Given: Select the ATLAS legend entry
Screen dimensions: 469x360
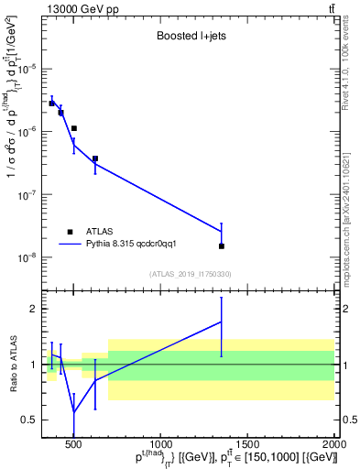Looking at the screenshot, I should [99, 232].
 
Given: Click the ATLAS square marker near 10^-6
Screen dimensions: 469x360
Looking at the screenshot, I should [74, 128].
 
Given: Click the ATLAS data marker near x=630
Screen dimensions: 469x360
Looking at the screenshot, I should [95, 158].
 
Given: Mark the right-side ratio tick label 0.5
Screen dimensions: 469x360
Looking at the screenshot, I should [349, 420].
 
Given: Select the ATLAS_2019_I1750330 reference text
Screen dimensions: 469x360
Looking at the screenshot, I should [191, 274].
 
